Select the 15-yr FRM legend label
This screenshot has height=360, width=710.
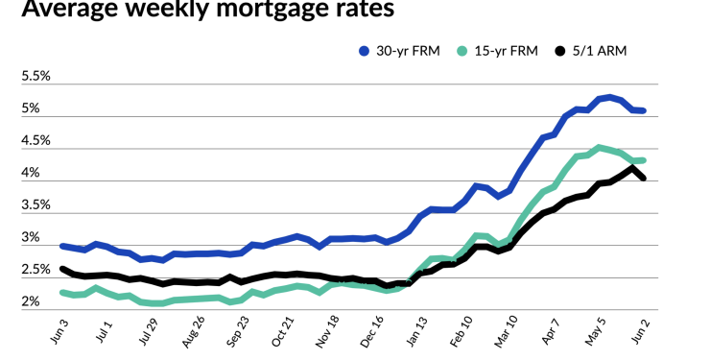(x=515, y=51)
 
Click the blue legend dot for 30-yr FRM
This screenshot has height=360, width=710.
(x=364, y=51)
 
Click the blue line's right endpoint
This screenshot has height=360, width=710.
(x=643, y=111)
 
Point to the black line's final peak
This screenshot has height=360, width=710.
(x=631, y=168)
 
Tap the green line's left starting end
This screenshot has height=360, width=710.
(x=62, y=292)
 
